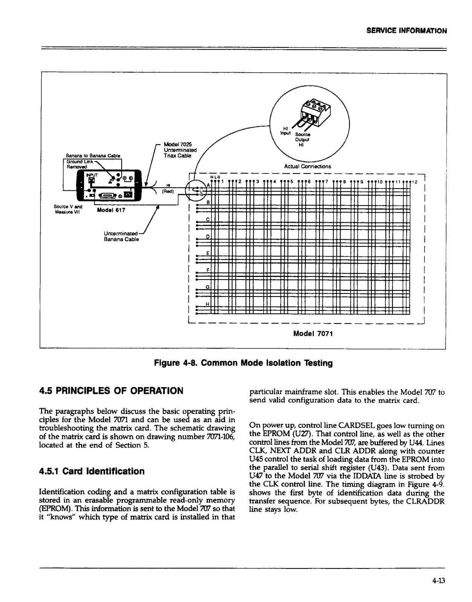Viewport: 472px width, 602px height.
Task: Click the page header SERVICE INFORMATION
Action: click(x=406, y=31)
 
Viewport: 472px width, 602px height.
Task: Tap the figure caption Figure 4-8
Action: click(x=243, y=363)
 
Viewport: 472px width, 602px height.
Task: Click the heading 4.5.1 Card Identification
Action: click(x=92, y=471)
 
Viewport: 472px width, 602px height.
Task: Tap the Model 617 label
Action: click(x=111, y=210)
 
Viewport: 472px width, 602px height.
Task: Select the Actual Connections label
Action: click(x=307, y=166)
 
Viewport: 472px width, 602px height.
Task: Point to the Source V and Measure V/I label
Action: click(x=68, y=208)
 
